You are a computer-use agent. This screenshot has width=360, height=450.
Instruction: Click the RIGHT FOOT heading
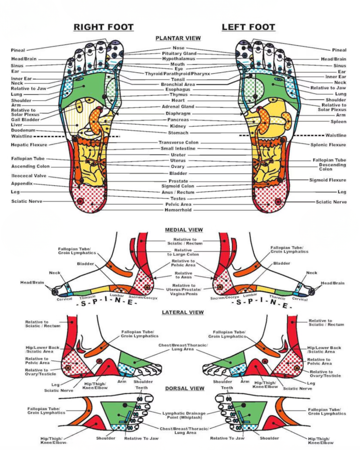[x=103, y=27]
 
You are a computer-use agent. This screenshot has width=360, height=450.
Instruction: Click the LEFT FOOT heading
[x=248, y=27]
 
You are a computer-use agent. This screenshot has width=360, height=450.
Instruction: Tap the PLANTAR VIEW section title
[x=178, y=38]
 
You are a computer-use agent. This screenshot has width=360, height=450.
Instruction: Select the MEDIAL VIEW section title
[x=184, y=230]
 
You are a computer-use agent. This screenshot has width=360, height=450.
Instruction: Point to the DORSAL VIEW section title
[x=185, y=388]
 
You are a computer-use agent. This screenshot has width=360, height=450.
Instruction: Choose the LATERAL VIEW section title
[x=183, y=312]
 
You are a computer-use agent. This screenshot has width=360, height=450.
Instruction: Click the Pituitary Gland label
[x=179, y=53]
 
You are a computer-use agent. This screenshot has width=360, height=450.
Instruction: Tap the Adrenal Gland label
[x=178, y=107]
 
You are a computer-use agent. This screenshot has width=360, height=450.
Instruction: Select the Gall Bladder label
[x=25, y=119]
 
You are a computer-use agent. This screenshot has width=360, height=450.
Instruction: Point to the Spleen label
[x=338, y=122]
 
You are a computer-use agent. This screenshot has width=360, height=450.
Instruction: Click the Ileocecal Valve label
[x=29, y=176]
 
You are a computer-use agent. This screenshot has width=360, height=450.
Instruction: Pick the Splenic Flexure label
[x=328, y=145]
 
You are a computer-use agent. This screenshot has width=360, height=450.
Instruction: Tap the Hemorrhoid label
[x=178, y=210]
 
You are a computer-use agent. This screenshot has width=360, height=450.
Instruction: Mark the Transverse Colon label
[x=178, y=142]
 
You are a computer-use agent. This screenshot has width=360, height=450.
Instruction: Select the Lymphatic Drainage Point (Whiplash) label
[x=184, y=415]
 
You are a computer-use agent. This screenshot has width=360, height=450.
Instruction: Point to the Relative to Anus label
[x=183, y=275]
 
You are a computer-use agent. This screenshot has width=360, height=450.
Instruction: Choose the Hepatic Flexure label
[x=29, y=145]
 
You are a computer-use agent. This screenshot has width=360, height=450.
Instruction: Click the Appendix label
[x=22, y=183]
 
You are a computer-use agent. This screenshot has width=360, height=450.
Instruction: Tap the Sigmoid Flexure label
[x=327, y=180]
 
